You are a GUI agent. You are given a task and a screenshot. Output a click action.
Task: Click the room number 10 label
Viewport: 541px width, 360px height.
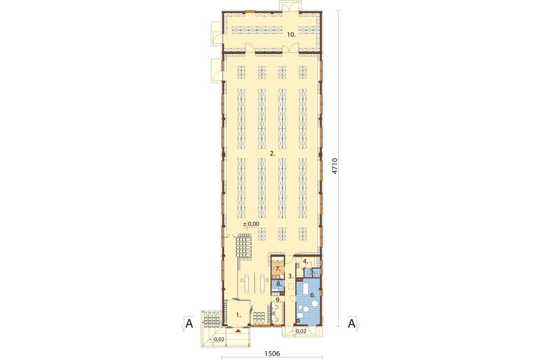tap(292, 34)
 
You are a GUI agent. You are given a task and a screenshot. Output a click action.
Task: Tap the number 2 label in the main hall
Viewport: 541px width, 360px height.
tap(272, 154)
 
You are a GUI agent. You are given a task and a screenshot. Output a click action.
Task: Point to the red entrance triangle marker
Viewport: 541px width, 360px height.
tap(238, 330)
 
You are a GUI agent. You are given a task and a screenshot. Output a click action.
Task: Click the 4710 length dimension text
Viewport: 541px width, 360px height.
tap(334, 166)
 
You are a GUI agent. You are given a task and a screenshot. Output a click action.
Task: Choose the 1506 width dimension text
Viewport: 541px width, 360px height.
tap(272, 354)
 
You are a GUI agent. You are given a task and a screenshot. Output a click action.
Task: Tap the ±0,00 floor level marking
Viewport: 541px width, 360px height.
tap(251, 224)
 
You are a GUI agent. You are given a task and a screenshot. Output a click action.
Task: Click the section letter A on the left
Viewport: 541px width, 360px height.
tap(189, 324)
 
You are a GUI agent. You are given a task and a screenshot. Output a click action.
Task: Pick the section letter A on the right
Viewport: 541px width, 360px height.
tap(351, 324)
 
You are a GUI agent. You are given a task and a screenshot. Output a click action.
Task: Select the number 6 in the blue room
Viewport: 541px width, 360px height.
tap(313, 295)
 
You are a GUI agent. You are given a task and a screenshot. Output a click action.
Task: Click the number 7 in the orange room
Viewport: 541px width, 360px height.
tap(278, 269)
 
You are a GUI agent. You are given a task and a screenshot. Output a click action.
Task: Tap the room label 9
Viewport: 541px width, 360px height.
tap(279, 300)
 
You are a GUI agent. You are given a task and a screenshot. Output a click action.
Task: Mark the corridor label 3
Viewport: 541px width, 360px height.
tap(291, 276)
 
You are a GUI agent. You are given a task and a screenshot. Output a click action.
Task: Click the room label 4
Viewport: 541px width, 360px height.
tap(305, 261)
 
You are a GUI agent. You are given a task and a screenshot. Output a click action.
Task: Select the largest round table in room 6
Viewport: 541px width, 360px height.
tap(315, 304)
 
